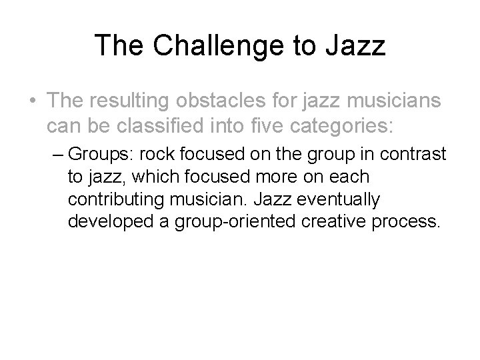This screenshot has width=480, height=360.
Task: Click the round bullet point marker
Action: tap(32, 101)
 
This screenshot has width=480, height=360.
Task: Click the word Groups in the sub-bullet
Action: tap(94, 154)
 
